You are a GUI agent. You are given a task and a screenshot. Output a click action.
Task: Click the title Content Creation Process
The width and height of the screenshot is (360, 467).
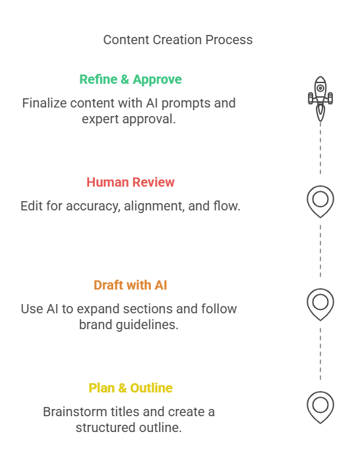(x=178, y=40)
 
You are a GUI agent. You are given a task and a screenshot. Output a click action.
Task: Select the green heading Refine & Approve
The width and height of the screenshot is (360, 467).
(x=131, y=80)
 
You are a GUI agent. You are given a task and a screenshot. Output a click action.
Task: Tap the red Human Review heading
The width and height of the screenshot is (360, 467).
(x=131, y=182)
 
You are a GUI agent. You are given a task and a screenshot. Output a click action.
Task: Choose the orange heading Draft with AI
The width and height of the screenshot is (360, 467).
(x=131, y=285)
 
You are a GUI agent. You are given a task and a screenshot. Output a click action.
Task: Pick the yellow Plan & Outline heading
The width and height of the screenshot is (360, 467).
(x=131, y=388)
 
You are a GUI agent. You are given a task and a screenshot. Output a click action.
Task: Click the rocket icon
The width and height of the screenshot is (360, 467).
(x=320, y=98)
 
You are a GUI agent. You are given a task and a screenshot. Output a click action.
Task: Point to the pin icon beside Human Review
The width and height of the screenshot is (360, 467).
(x=320, y=202)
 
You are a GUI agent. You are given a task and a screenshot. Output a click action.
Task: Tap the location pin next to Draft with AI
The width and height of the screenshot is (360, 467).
(x=320, y=304)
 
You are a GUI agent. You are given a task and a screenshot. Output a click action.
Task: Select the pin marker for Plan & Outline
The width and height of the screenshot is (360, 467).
(x=320, y=408)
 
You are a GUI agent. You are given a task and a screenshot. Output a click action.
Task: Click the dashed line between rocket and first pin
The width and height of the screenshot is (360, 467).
(x=320, y=148)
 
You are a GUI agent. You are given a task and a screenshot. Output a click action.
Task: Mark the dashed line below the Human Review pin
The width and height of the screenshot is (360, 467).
(x=320, y=251)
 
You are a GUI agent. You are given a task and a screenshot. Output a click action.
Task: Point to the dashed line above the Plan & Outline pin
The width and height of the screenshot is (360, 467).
(x=320, y=354)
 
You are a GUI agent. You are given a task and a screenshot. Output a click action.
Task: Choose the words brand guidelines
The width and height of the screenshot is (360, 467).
(x=129, y=325)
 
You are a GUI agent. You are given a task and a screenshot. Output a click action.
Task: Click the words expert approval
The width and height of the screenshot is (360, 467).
(x=129, y=119)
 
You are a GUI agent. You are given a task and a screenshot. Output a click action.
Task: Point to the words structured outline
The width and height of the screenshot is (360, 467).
(x=129, y=427)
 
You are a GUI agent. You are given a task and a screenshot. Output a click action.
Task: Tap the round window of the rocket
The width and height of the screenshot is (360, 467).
(x=320, y=88)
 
